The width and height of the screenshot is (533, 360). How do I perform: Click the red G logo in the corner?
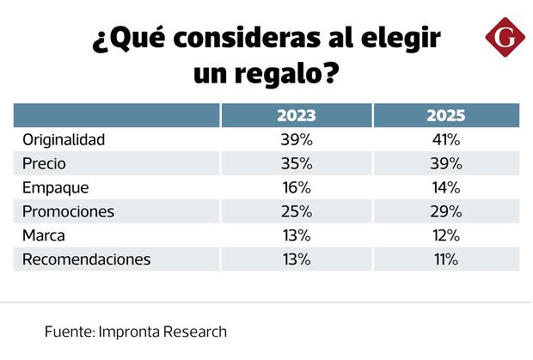(503, 39)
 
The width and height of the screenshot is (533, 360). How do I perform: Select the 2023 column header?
(296, 115)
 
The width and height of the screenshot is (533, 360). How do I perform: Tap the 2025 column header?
(445, 115)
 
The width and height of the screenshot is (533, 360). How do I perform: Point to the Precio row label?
(45, 163)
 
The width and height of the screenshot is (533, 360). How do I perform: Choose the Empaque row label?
(56, 187)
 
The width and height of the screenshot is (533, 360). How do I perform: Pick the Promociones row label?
(69, 211)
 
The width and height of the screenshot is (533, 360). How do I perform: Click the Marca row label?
(44, 235)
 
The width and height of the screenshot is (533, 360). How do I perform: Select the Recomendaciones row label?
(87, 259)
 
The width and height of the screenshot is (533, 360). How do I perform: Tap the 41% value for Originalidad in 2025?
(445, 139)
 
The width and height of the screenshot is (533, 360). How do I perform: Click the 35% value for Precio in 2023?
(296, 163)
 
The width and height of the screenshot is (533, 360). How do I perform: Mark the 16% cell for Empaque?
(296, 187)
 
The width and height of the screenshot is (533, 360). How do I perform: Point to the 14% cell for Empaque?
(445, 187)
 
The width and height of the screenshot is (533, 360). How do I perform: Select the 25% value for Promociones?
(296, 211)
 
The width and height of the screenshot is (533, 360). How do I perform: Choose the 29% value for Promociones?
(445, 211)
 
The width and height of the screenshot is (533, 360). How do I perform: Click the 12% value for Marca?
(445, 235)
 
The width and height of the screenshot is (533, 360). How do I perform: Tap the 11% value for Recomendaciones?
(445, 259)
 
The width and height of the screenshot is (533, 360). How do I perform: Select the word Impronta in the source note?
(133, 331)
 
